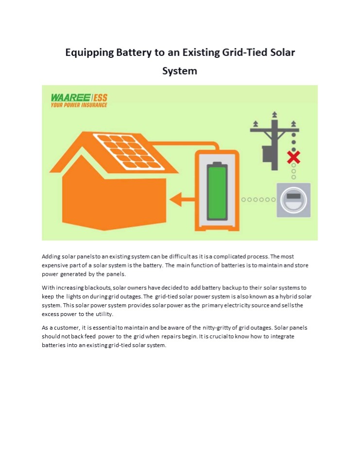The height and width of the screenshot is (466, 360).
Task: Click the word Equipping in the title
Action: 88,52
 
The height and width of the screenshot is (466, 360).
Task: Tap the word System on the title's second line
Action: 179,71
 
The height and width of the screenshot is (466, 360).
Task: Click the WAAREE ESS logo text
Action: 79,98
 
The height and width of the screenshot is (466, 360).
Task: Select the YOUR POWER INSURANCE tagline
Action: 79,105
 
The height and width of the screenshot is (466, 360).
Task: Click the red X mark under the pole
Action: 293,157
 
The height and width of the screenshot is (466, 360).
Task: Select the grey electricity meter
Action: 293,199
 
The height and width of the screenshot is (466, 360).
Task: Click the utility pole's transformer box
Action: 268,153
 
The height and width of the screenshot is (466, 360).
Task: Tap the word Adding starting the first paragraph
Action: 51,256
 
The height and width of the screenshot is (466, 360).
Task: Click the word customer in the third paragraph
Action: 65,328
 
